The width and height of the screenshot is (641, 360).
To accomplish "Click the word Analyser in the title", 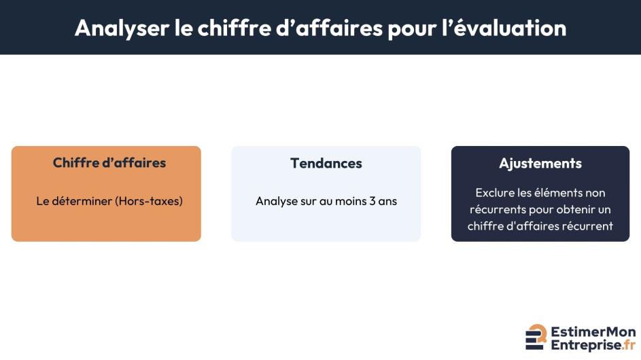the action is (122, 29).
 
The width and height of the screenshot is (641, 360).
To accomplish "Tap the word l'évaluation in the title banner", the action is (504, 28).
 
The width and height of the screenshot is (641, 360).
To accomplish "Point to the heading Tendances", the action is (326, 163).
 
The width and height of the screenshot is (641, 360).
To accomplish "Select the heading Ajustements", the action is (540, 164).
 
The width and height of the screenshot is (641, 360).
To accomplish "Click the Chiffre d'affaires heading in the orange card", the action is (109, 162).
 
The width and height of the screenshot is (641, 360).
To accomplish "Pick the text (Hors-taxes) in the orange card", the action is (149, 201).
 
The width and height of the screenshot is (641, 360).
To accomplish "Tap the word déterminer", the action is (82, 201).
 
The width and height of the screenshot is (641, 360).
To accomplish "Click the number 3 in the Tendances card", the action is (372, 201).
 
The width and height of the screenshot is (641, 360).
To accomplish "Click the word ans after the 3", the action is (387, 202).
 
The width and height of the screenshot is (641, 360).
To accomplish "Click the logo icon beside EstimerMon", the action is (536, 337).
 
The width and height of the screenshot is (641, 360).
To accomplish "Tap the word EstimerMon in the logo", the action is (593, 331).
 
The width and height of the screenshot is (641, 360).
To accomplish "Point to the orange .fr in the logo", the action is (629, 345).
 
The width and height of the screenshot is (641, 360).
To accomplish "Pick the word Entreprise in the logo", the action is (586, 345).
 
